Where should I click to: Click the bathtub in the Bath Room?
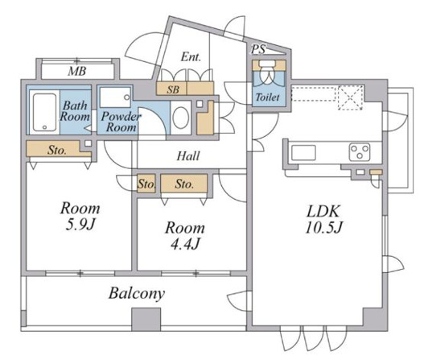pos(44,112)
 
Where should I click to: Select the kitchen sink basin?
pos(303,152)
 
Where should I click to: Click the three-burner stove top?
pos(360,152)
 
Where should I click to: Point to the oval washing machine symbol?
pos(181,118)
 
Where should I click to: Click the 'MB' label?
pos(77,72)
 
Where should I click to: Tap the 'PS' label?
pos(258,49)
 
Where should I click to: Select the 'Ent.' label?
pos(191,57)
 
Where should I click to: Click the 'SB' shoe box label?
pos(173,89)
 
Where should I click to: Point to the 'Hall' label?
pos(188,155)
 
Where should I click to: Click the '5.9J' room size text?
pos(80,225)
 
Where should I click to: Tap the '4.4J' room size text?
pos(186,244)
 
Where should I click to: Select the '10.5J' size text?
pos(323,227)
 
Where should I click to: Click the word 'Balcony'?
pos(137,294)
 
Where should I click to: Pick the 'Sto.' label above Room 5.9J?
pos(57,150)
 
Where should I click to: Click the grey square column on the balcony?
pos(146,319)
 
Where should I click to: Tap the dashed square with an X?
pos(351,97)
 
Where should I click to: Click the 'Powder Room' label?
pos(121,122)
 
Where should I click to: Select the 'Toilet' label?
pos(267,97)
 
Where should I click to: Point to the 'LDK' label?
pos(323,211)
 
